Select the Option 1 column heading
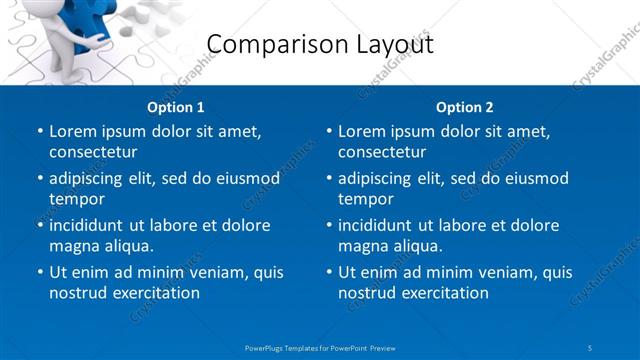(176, 107)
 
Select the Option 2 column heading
(465, 107)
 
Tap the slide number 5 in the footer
(590, 347)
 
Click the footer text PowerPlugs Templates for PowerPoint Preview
(320, 347)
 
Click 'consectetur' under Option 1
(93, 153)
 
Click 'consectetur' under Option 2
(382, 153)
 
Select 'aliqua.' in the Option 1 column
(126, 247)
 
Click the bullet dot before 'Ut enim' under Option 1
(39, 272)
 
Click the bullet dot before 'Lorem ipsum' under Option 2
(328, 131)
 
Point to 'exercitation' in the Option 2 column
(444, 294)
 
